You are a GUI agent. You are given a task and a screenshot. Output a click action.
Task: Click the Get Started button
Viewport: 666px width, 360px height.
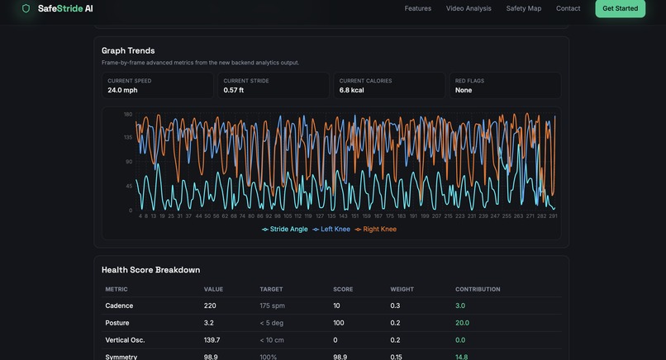pyautogui.click(x=620, y=8)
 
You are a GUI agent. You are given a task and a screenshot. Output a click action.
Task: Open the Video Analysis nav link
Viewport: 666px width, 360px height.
pyautogui.click(x=469, y=8)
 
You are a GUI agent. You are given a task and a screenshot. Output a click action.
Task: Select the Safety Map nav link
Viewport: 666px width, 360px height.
pyautogui.click(x=524, y=8)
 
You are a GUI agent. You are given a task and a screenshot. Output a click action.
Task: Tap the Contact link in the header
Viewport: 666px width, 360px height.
pyautogui.click(x=568, y=8)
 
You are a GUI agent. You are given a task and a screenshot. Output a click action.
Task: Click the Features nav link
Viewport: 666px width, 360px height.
pyautogui.click(x=417, y=8)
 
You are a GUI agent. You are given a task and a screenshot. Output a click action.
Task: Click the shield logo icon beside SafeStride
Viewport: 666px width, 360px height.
pyautogui.click(x=26, y=8)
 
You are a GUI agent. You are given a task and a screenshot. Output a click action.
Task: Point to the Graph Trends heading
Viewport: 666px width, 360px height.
pyautogui.click(x=128, y=50)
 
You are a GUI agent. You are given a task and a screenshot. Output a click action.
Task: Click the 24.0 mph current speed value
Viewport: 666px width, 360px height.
pyautogui.click(x=122, y=90)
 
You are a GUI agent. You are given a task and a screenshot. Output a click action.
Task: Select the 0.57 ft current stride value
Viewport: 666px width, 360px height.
pyautogui.click(x=235, y=90)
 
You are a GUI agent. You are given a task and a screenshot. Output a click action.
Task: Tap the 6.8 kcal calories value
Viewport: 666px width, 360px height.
pyautogui.click(x=351, y=90)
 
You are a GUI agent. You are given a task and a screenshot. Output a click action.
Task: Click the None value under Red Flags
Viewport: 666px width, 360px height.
pyautogui.click(x=464, y=90)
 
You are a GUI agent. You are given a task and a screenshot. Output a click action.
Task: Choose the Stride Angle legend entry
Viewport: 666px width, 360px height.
pyautogui.click(x=285, y=229)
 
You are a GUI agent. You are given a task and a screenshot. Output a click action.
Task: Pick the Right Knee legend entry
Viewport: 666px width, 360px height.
pyautogui.click(x=376, y=229)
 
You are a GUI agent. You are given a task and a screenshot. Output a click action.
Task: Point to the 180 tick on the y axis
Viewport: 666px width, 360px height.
pyautogui.click(x=128, y=114)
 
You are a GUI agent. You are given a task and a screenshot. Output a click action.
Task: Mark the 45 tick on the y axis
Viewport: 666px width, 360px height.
pyautogui.click(x=129, y=186)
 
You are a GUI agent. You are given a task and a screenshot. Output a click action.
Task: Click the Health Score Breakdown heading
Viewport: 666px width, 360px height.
pyautogui.click(x=150, y=270)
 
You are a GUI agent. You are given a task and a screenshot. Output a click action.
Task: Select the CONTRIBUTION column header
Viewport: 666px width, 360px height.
pyautogui.click(x=478, y=289)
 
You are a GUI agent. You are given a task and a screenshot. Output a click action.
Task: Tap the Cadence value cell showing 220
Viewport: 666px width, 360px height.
pyautogui.click(x=211, y=306)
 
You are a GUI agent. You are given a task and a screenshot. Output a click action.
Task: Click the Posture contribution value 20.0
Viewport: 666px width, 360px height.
pyautogui.click(x=462, y=323)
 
